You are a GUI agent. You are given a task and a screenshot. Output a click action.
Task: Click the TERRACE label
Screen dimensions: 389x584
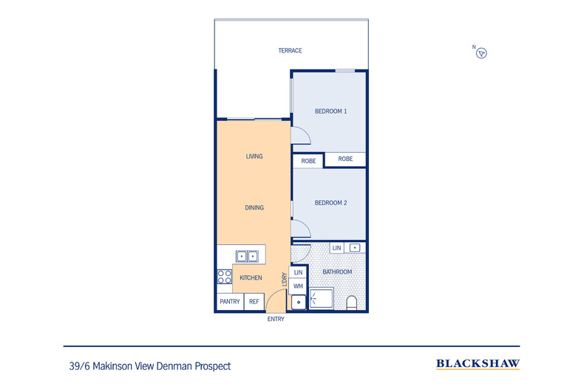[x=290, y=51]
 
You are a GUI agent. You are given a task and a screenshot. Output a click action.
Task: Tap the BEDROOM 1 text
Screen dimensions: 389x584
[x=330, y=111]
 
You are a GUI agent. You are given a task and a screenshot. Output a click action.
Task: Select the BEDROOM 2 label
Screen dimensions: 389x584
[x=330, y=203]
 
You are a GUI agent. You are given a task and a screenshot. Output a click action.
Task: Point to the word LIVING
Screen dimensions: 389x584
[x=254, y=156]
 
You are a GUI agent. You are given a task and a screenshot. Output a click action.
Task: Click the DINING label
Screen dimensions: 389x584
[x=254, y=208]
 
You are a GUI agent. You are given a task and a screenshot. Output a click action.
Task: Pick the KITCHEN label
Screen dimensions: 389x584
[x=251, y=278]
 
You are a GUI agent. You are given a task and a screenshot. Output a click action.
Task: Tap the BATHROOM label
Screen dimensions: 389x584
[x=337, y=272]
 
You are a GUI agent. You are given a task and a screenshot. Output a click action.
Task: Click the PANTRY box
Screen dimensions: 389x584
[x=229, y=301]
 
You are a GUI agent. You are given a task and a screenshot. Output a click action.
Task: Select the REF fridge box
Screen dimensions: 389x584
[x=254, y=301]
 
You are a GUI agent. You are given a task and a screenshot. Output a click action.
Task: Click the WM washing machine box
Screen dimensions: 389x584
[x=298, y=286]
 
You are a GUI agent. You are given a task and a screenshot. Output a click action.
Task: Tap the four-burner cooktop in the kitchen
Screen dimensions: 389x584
[x=224, y=277]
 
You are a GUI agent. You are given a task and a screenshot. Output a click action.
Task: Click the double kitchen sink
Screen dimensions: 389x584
[x=247, y=256]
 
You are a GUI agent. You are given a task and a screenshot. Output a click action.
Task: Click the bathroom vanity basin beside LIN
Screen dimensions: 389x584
[x=355, y=248]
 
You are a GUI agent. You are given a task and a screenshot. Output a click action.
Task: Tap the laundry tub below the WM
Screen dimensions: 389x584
[x=298, y=302]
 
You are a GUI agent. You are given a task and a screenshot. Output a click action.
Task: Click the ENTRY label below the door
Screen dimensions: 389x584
[x=275, y=320]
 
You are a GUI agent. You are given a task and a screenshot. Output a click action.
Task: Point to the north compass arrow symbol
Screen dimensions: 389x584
[x=482, y=53]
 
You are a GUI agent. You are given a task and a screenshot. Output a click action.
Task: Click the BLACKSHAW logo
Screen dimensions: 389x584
[x=478, y=364]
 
